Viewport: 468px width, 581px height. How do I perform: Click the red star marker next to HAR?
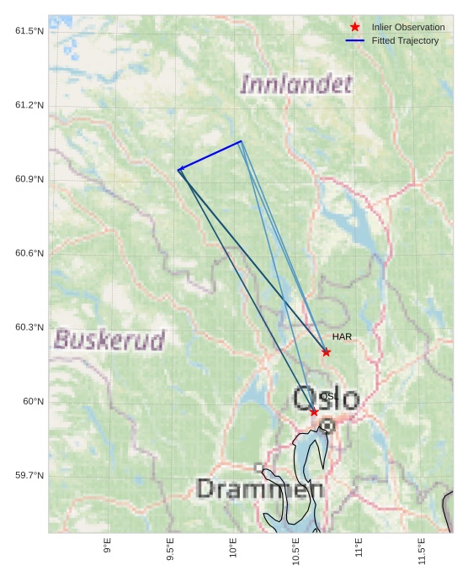(326, 352)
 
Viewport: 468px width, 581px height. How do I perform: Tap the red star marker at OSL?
(314, 412)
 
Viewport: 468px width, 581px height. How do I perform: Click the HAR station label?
(342, 337)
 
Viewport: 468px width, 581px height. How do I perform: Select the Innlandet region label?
(295, 84)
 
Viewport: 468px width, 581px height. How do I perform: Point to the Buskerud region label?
(109, 340)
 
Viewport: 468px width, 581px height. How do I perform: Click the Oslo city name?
(326, 399)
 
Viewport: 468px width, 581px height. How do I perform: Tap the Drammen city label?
(259, 489)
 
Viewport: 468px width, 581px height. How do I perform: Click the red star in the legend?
(355, 28)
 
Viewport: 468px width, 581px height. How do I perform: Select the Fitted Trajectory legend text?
(405, 40)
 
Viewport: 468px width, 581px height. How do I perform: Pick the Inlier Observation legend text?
(408, 28)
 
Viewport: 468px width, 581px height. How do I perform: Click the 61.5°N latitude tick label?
(29, 31)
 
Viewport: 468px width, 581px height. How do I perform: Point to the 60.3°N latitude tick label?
(29, 327)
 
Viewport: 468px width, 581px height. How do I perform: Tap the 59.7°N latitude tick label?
(29, 476)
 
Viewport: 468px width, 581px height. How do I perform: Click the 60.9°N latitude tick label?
(29, 179)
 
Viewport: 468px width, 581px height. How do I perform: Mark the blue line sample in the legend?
(355, 40)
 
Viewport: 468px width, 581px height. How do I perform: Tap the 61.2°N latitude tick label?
(29, 105)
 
